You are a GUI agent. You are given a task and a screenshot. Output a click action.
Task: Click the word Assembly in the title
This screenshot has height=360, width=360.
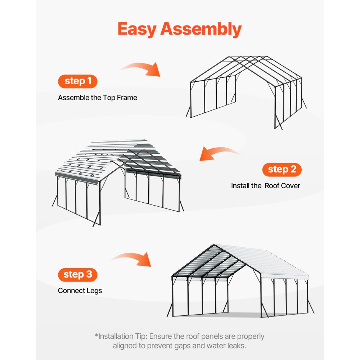[x=201, y=29]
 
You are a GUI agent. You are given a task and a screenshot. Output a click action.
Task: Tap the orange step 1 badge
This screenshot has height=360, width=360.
[x=78, y=81]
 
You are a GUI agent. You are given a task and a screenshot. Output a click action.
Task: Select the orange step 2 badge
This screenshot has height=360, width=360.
[x=282, y=169]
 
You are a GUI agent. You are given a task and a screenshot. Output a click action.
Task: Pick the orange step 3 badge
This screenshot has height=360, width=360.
[x=78, y=274]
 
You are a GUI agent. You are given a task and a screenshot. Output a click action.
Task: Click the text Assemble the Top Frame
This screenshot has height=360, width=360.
[x=98, y=98]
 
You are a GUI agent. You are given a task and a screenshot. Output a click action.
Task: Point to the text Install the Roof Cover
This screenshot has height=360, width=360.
[x=265, y=186]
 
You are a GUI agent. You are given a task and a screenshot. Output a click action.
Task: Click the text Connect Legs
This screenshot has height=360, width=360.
[x=80, y=291]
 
